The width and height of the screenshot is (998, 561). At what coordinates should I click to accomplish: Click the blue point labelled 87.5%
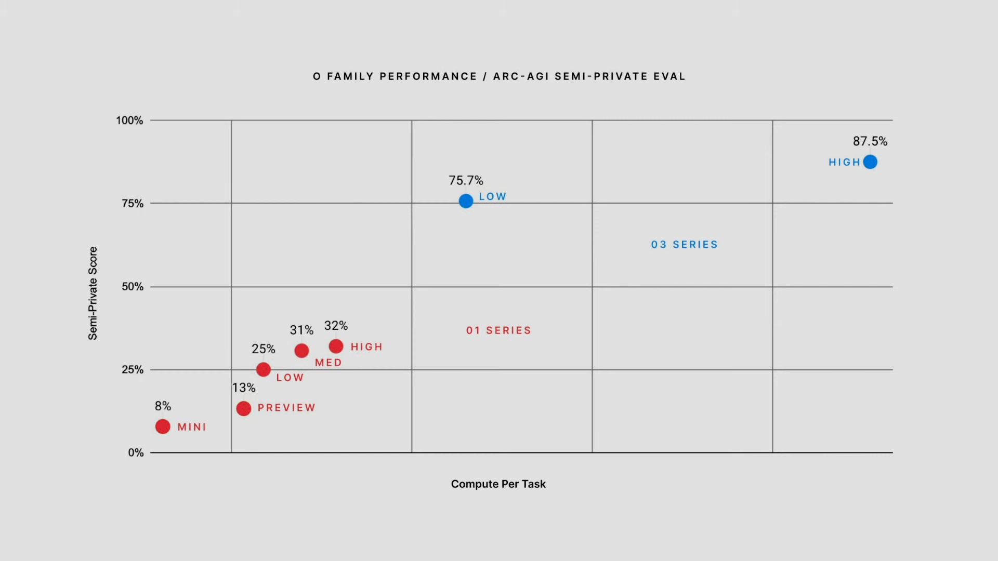point(870,162)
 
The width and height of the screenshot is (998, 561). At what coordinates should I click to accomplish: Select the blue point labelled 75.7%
point(466,201)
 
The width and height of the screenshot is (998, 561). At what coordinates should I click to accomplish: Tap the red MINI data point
point(163,426)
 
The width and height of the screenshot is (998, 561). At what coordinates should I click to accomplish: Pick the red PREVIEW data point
point(243,408)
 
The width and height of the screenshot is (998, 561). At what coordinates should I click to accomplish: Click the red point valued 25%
point(264,369)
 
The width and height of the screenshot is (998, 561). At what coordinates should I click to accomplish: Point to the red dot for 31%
point(301,351)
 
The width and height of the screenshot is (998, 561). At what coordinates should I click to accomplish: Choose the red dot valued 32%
point(336,346)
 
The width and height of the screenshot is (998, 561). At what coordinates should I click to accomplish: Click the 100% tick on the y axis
point(129,121)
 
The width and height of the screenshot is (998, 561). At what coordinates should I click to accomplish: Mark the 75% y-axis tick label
point(133,204)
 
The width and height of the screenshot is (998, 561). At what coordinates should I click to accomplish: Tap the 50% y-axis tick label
point(133,287)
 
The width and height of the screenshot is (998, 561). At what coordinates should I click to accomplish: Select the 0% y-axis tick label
point(136,452)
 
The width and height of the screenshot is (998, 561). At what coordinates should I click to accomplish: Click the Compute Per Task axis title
point(498,484)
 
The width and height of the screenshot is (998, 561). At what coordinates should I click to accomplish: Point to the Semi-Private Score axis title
point(93,293)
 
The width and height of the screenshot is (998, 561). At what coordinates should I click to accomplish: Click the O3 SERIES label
point(684,245)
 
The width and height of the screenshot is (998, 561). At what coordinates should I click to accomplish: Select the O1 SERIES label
point(498,330)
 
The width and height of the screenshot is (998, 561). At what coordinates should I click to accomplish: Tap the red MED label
point(328,363)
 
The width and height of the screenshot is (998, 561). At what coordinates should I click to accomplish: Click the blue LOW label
point(492,196)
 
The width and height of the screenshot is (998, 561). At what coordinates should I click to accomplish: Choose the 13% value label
point(244,388)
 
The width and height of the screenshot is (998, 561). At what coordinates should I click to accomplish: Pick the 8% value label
point(163,406)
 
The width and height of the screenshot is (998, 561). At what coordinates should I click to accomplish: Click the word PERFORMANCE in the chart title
point(428,76)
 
